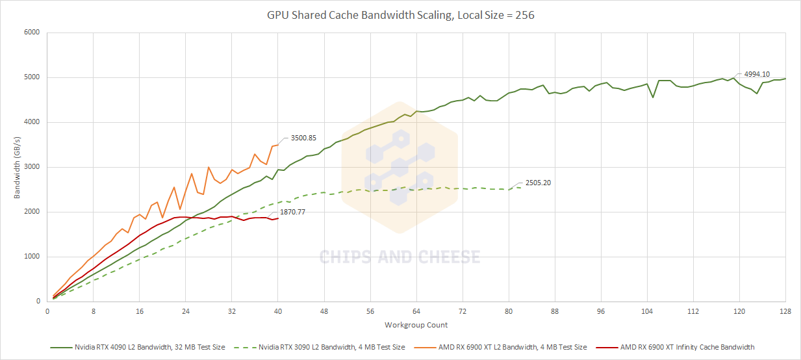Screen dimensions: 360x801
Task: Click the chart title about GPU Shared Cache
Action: coord(401,14)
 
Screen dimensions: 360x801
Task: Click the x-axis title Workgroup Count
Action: coord(416,325)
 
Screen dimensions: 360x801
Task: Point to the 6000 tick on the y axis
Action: coord(31,32)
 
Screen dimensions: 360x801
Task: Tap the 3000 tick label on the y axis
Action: coord(31,167)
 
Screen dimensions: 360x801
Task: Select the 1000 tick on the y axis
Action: coord(31,257)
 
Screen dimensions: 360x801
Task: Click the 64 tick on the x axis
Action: coord(416,311)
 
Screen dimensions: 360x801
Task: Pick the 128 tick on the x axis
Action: coord(785,311)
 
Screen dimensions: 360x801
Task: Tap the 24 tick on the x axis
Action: coord(186,311)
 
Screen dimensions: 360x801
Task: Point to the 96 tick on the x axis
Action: coord(601,311)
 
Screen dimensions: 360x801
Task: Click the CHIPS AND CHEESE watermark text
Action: coord(400,257)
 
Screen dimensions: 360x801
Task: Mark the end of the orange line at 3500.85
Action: coord(278,145)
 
